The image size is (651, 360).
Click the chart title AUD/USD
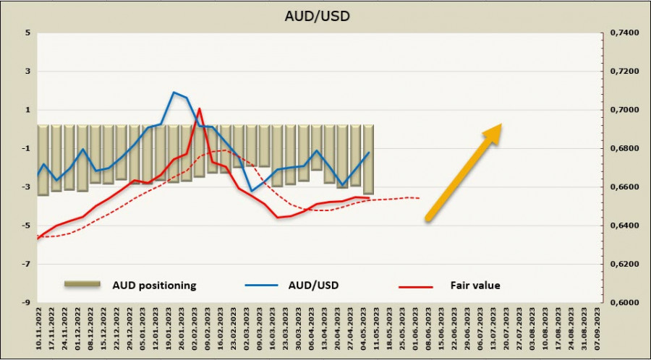click(x=325, y=14)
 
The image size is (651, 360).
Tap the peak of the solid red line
click(x=199, y=108)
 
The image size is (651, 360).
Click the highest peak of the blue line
click(x=174, y=93)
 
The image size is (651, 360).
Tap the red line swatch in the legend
click(x=415, y=286)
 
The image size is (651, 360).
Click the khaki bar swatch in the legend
click(x=81, y=284)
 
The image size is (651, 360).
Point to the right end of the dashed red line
click(x=420, y=198)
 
